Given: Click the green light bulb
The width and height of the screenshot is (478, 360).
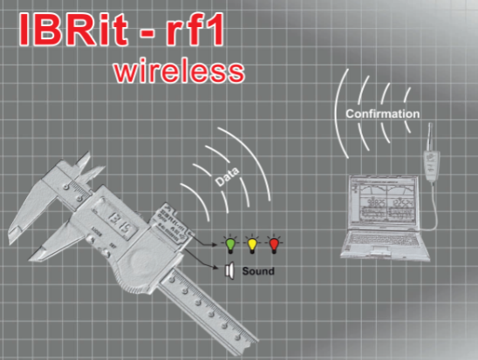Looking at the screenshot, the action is click(x=230, y=244).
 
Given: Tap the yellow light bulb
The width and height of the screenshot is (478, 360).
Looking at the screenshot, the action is click(x=252, y=244).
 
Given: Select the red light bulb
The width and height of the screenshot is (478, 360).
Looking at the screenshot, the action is click(x=274, y=244).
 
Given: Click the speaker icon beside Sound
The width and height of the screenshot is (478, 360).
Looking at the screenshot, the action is click(x=230, y=270).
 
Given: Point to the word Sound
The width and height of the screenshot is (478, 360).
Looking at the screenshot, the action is click(x=258, y=271).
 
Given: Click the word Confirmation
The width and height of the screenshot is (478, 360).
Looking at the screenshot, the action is click(x=383, y=113).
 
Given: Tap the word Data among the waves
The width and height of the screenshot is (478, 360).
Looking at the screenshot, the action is click(x=227, y=176).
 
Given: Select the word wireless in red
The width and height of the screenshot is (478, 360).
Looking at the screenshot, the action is click(x=180, y=71).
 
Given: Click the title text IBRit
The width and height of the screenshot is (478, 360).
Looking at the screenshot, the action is click(x=73, y=30).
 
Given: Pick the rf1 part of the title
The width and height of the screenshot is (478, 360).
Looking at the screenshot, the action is click(x=195, y=30).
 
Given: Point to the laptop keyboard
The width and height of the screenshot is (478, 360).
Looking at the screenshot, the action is click(x=384, y=240).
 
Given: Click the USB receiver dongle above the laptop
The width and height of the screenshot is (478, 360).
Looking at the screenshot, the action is click(x=432, y=161).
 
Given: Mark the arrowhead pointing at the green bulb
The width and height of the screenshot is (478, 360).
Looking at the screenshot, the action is click(x=215, y=244).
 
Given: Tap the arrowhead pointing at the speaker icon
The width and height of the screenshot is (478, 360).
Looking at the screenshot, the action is click(x=216, y=268).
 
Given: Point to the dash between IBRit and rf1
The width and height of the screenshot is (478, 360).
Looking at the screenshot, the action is click(x=147, y=32).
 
